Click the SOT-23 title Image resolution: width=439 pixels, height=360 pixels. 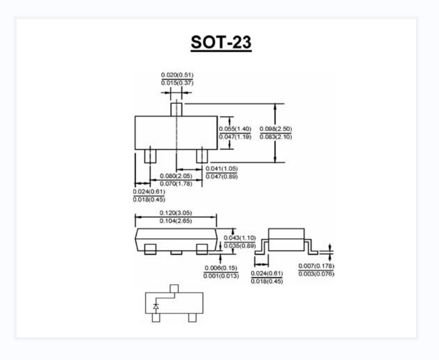tap(221, 43)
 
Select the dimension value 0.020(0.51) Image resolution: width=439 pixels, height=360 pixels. tap(177, 75)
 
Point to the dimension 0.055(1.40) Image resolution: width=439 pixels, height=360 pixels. tap(235, 129)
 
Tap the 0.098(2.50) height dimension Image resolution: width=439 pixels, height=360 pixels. tap(276, 129)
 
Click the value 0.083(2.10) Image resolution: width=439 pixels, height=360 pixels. tap(276, 137)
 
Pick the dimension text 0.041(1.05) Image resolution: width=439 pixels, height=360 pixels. tap(221, 169)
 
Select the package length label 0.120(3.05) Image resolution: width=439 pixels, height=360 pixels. tap(176, 213)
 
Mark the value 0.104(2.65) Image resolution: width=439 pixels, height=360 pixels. tap(176, 221)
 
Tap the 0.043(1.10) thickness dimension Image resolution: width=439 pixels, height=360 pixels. tap(239, 238)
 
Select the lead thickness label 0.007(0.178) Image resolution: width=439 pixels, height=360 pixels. tap(316, 266)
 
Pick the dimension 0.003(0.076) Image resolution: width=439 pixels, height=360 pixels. tap(316, 274)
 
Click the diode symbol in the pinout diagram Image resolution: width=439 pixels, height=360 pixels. tap(156, 307)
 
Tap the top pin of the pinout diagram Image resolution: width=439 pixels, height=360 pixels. tap(174, 288)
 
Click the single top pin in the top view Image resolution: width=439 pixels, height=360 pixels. tap(177, 109)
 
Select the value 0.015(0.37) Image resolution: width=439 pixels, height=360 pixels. tap(177, 83)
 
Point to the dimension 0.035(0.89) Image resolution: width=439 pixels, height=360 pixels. tap(239, 246)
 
